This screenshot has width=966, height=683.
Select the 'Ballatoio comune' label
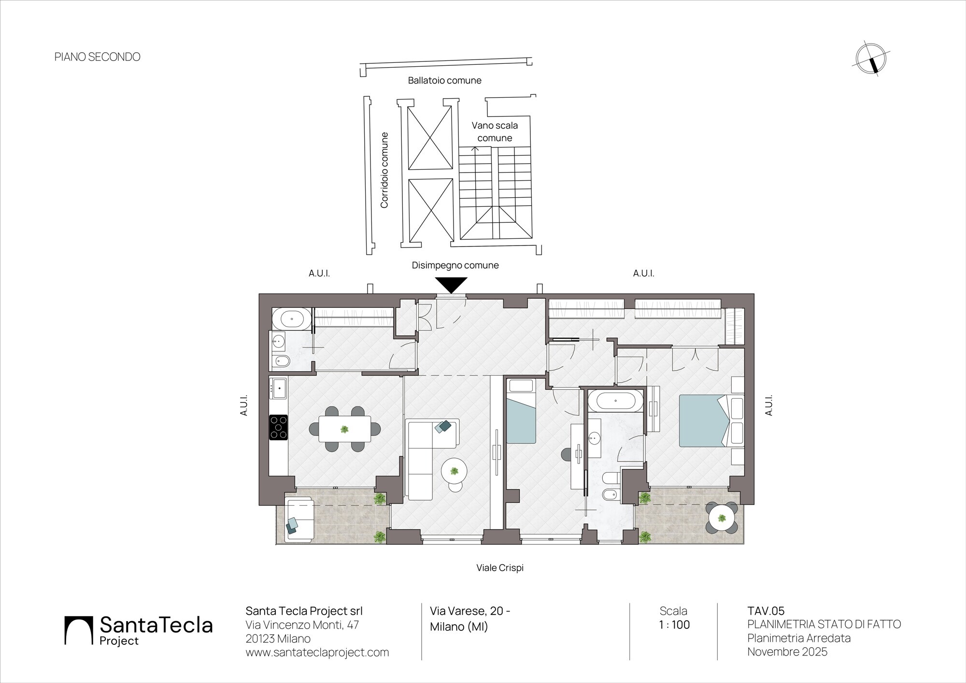(x=444, y=80)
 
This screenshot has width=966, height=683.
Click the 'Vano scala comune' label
(x=495, y=131)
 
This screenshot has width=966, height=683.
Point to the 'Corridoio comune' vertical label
(x=384, y=170)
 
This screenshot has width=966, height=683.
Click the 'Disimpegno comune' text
(x=455, y=265)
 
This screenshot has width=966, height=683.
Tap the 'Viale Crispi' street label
(x=500, y=567)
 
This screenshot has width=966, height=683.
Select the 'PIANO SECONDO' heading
(x=98, y=57)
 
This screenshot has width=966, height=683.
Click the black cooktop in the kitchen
(x=278, y=427)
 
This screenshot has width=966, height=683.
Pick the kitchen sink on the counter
(x=279, y=388)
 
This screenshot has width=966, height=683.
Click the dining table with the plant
(x=345, y=429)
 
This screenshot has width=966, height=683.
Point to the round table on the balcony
(x=722, y=519)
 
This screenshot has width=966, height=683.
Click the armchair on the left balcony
(x=299, y=520)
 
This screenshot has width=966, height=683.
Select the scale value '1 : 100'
(x=674, y=625)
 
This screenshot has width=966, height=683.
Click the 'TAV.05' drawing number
(x=766, y=611)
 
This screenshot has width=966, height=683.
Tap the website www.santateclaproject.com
(x=317, y=653)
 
